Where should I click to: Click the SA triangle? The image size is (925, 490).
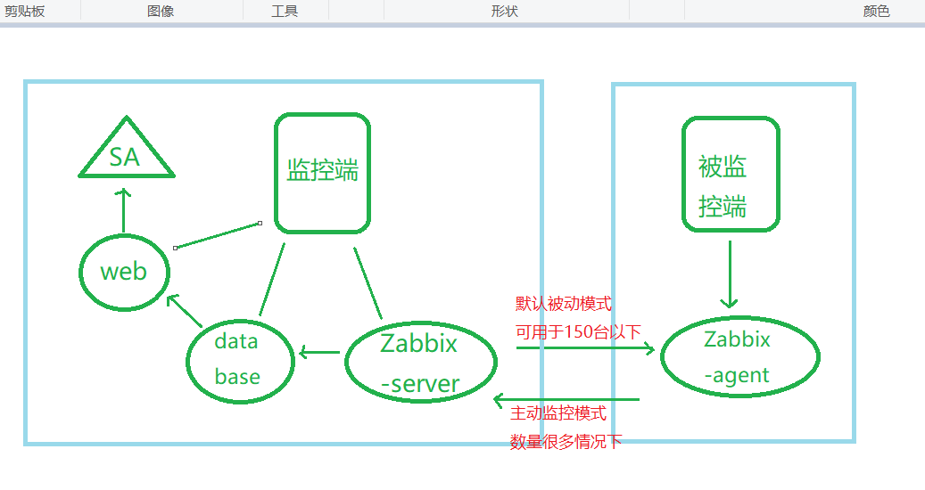(125, 158)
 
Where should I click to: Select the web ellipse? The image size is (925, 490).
(123, 271)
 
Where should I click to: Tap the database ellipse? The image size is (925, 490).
(239, 359)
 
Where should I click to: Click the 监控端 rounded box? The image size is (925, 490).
(322, 172)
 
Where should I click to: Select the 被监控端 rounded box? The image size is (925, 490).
(730, 174)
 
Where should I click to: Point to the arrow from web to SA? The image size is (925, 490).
(123, 209)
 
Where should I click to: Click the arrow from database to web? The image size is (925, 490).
(185, 310)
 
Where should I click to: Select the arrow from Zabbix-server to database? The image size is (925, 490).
(319, 353)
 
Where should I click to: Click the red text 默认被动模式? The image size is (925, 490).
(564, 304)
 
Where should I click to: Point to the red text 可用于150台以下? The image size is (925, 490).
(578, 332)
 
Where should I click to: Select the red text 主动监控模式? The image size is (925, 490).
(558, 413)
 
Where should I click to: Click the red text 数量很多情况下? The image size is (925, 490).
(566, 441)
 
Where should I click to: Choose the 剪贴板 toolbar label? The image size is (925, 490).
(24, 11)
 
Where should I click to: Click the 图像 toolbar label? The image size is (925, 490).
(161, 11)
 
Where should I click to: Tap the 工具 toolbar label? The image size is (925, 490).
(285, 11)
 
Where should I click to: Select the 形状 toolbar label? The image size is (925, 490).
(504, 11)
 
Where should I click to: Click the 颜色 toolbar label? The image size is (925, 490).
(876, 11)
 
